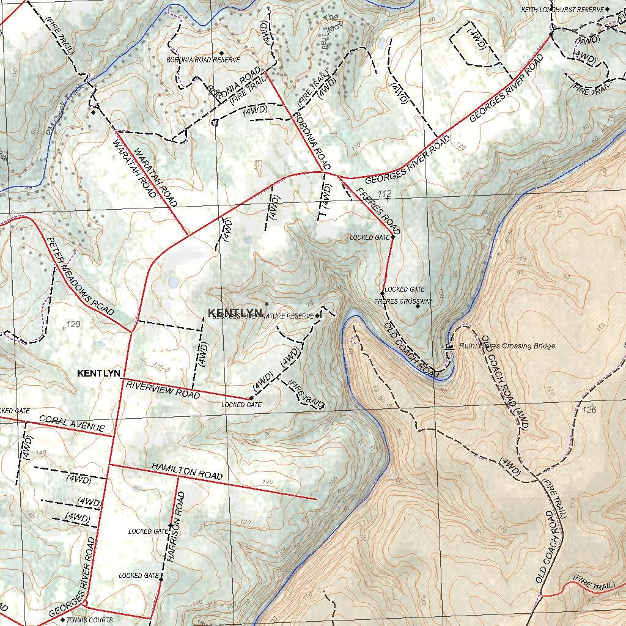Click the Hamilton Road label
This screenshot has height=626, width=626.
(187, 472)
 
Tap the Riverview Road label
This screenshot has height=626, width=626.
(163, 390)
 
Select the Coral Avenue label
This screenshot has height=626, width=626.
(72, 423)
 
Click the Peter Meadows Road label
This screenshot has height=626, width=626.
(80, 276)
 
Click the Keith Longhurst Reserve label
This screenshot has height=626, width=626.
(561, 10)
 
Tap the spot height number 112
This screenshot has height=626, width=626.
(385, 194)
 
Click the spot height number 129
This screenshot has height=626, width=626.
(73, 324)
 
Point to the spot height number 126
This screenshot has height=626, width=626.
(589, 409)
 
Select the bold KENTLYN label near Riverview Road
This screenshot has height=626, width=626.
(98, 373)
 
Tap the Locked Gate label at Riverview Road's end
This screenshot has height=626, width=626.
(241, 405)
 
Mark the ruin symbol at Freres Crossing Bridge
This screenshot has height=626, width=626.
(449, 346)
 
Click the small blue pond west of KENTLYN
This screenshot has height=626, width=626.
(174, 282)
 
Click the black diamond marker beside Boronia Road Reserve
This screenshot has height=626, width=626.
(221, 53)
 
